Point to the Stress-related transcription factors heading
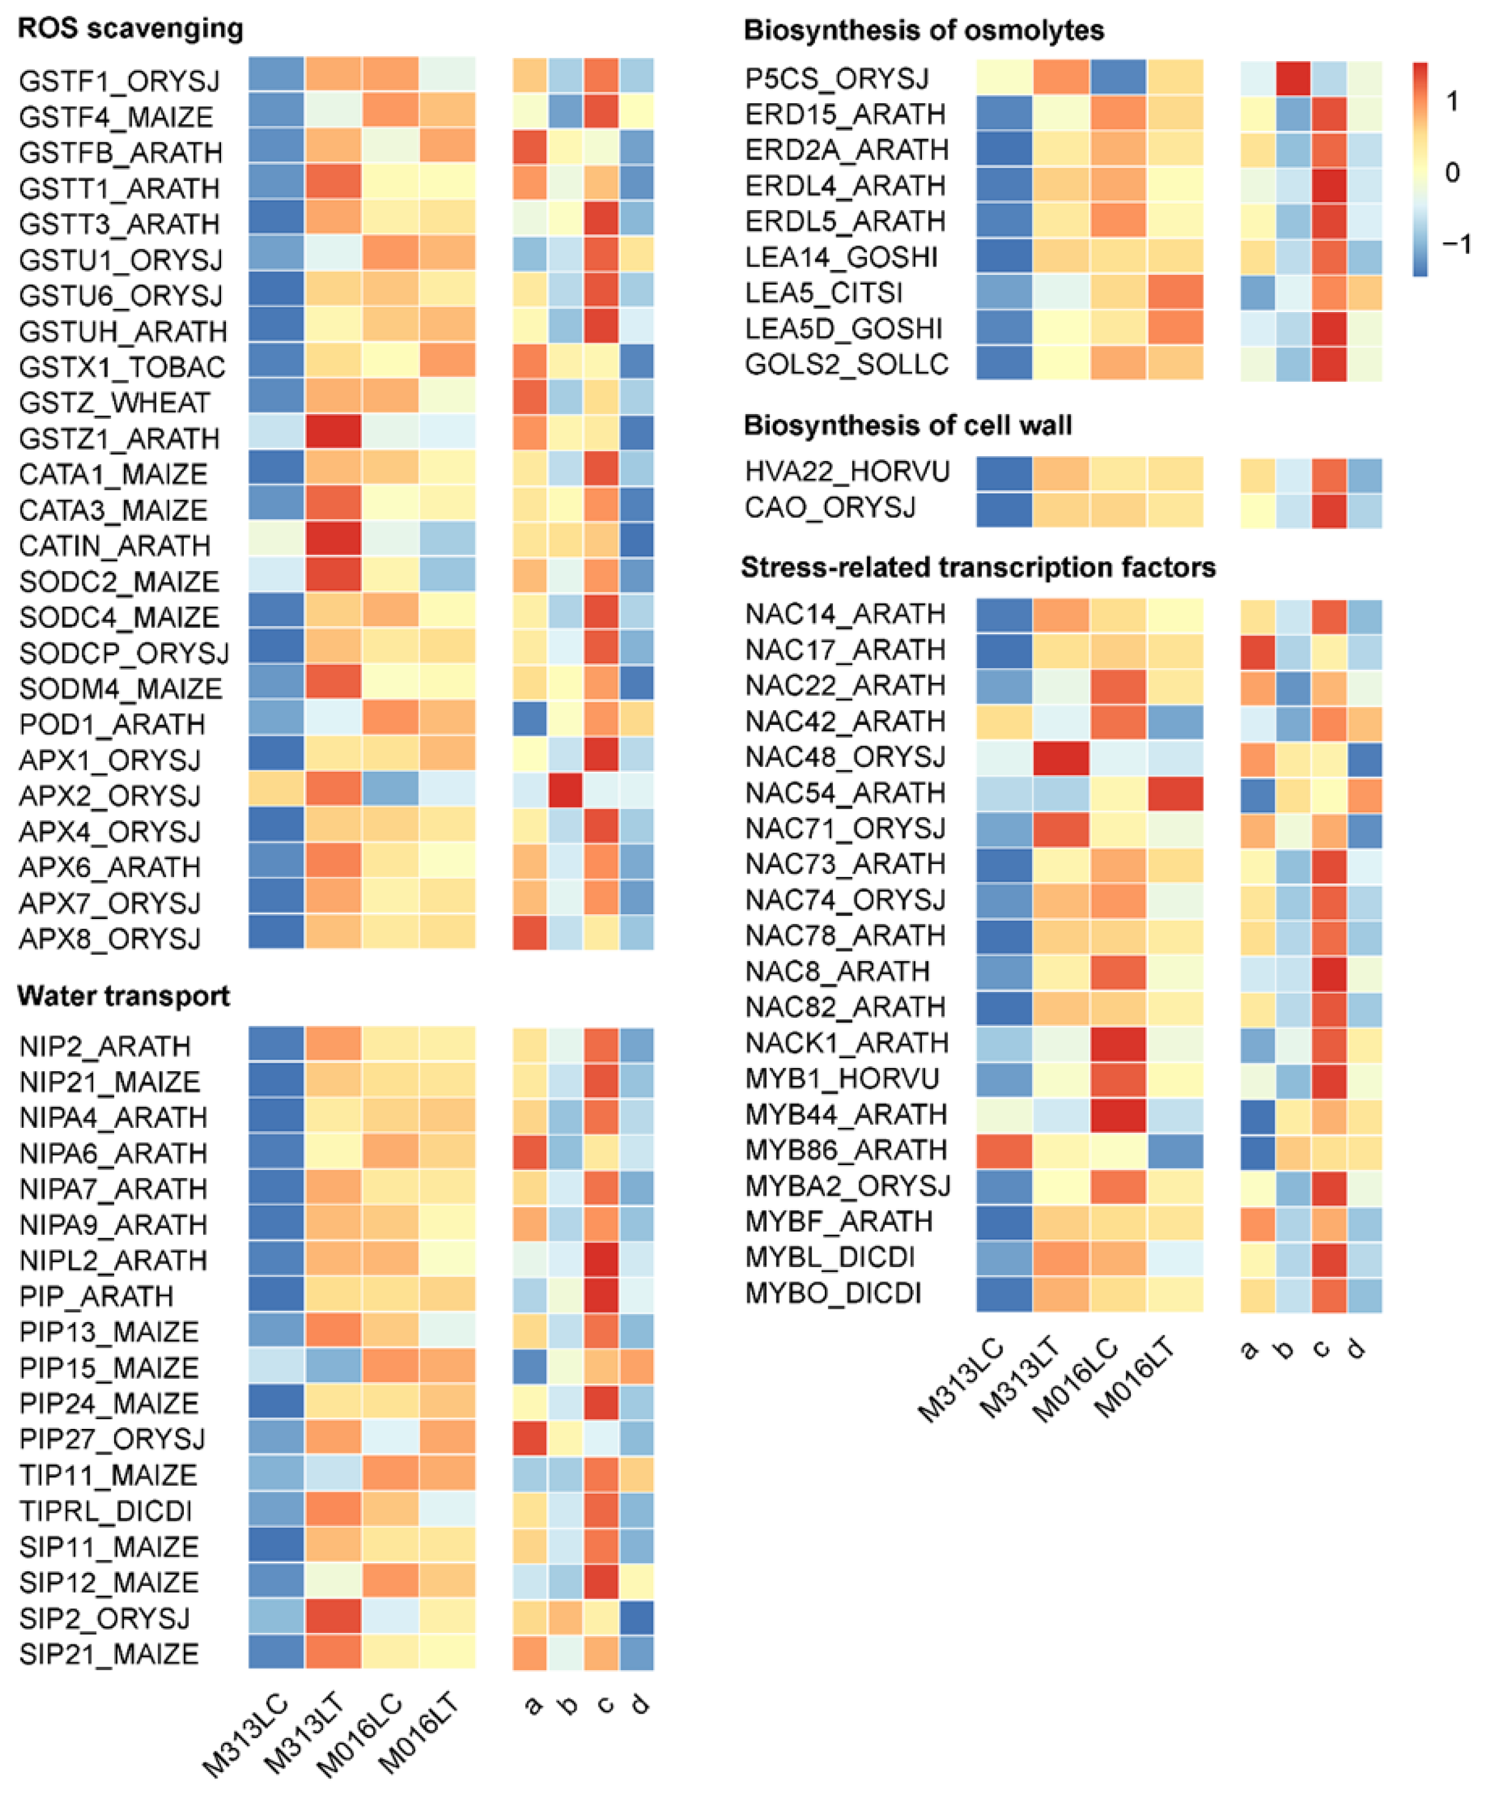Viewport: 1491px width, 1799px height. pos(978,567)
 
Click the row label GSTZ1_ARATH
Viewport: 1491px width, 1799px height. pos(119,438)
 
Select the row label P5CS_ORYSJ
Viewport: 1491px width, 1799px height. pos(836,78)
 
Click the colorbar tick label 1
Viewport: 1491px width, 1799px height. pos(1451,101)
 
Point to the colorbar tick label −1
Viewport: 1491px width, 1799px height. pos(1455,244)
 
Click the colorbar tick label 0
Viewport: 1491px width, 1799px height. pos(1451,172)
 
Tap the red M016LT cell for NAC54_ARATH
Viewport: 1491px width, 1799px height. pos(1174,793)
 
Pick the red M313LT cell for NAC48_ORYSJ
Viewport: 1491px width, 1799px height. pos(1061,757)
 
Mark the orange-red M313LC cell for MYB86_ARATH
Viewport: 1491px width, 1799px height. pos(1004,1150)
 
